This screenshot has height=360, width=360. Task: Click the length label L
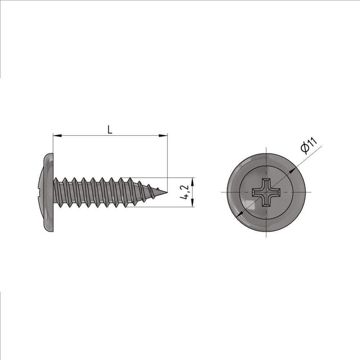(110, 130)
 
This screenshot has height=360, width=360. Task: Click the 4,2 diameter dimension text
(185, 192)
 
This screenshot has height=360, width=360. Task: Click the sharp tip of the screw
(167, 192)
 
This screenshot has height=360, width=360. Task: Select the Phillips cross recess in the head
(266, 192)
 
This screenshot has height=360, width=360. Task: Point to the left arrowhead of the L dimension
(57, 135)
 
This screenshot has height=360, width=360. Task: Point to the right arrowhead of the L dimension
(163, 135)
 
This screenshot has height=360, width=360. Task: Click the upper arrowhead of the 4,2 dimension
(192, 182)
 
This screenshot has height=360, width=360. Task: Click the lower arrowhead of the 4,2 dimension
(192, 202)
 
